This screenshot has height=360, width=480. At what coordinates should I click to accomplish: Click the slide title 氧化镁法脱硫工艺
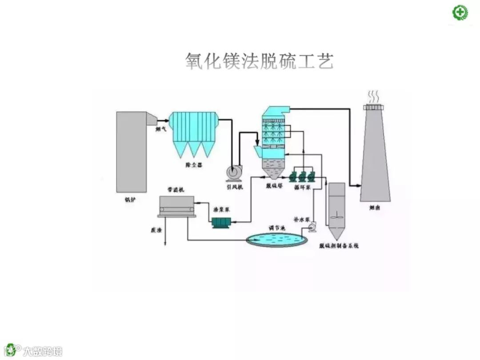259,61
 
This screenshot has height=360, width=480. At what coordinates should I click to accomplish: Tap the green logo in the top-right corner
460,12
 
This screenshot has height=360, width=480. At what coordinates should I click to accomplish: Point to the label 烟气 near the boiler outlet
161,130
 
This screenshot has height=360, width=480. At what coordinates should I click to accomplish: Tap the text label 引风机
235,187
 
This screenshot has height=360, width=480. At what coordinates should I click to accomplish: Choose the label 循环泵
302,188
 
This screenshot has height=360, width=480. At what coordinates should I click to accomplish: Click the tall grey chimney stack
375,156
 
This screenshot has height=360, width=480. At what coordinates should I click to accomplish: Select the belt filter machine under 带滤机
177,206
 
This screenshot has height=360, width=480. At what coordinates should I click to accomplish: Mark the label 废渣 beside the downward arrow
156,231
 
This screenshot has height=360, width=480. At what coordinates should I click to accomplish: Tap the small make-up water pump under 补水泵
312,228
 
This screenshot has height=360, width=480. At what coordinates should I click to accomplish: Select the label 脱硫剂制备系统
339,245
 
